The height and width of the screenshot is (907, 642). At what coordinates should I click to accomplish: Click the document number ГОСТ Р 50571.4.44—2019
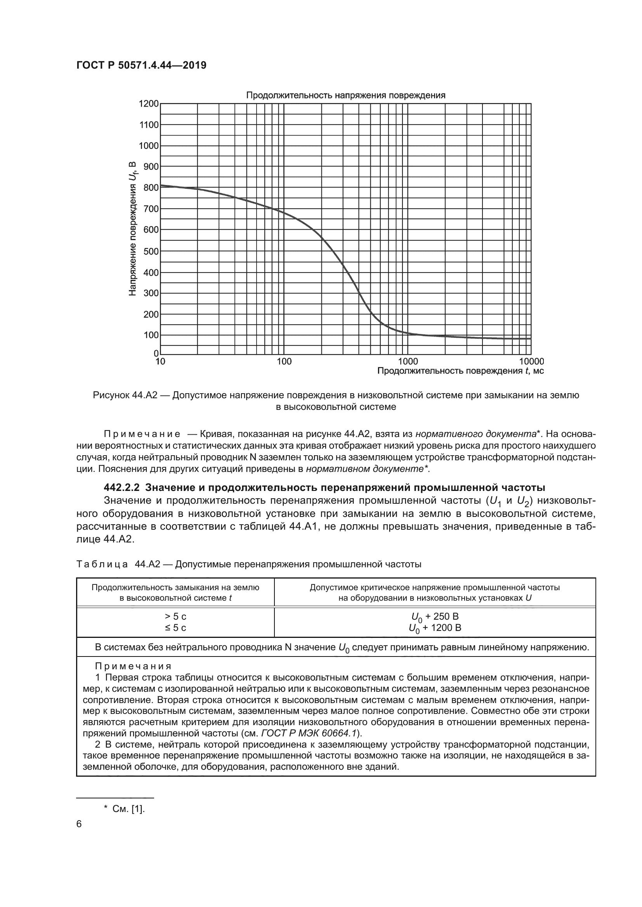point(141,65)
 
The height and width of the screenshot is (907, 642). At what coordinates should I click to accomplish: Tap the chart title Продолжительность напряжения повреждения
point(345,95)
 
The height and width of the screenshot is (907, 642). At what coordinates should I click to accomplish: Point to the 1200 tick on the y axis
point(149,104)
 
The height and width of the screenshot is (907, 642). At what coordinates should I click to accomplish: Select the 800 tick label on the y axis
point(151,188)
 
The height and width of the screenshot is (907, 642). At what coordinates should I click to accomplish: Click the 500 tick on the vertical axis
point(151,251)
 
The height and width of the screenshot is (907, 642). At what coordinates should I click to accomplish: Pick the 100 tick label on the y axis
point(151,335)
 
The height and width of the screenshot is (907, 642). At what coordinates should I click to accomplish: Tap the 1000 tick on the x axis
point(408,361)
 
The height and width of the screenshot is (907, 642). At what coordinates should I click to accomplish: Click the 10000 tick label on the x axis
point(531,361)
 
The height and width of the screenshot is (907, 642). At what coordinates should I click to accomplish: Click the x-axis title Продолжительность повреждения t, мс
point(461,371)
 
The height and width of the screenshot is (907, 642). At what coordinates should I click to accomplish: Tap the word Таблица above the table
point(102,564)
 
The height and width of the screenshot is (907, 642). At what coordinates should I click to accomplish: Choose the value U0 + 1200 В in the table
point(435,628)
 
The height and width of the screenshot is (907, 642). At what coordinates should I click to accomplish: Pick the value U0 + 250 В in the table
point(435,617)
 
